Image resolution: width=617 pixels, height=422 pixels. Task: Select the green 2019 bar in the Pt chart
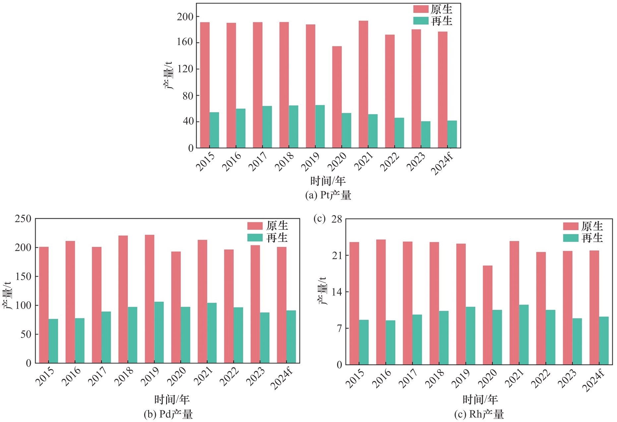coord(320,126)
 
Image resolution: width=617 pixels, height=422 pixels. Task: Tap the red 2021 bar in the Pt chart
coord(363,84)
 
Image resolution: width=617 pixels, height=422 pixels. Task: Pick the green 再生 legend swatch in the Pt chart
coord(421,21)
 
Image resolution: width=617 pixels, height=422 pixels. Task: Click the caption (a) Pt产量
coord(328,195)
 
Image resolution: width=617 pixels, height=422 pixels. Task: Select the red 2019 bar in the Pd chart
coord(150,299)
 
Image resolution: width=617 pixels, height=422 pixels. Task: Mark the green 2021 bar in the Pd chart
coord(212,333)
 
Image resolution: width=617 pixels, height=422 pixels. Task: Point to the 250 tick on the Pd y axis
coord(23,219)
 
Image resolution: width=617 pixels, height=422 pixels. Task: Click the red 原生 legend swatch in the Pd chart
coord(255,226)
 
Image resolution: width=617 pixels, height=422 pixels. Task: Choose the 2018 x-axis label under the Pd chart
coord(124,376)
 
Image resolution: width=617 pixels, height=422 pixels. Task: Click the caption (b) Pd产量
coord(168,414)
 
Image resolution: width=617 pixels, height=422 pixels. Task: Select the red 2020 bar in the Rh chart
coord(487,315)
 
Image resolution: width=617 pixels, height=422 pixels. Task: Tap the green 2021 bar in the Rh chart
coord(524,334)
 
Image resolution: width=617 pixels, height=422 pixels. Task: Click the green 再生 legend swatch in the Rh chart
coord(571,238)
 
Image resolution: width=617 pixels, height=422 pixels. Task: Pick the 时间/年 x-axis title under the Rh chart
coord(480,399)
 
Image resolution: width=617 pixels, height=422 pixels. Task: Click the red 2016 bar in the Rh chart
coord(381,302)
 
